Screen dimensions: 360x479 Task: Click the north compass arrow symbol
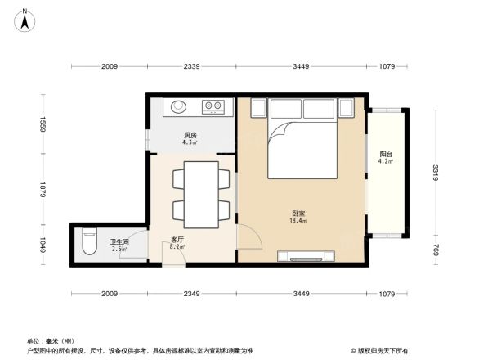(25, 14)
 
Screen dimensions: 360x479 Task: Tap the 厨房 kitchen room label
(190, 135)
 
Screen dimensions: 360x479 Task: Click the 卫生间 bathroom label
(119, 241)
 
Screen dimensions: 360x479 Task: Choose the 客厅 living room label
(176, 239)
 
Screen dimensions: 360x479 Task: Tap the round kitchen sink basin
(178, 106)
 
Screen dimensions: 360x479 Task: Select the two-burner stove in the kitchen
(213, 106)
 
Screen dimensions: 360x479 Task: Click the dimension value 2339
(193, 65)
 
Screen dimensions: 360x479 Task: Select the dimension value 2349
(193, 292)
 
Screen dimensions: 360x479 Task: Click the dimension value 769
(436, 248)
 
